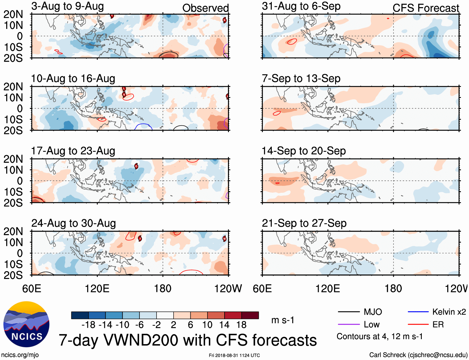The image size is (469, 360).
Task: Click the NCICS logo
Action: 26,324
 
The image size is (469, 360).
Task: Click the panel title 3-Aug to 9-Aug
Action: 67,6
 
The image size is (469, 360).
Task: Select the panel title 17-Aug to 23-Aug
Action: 73,151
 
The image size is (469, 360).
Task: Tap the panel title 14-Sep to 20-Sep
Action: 303,151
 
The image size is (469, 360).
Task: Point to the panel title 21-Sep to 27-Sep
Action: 304,224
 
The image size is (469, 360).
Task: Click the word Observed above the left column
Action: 205,8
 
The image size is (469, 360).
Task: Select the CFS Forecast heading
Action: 426,8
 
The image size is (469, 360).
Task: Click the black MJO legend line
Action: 349,312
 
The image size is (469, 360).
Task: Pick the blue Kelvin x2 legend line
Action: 418,312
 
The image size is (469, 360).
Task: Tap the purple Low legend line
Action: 349,325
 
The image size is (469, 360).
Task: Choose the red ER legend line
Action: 418,325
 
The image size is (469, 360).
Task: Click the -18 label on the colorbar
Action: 89,325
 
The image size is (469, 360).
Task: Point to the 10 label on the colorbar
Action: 207,325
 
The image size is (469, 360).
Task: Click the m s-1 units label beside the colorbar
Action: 283,320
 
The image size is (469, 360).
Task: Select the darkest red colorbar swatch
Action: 250,315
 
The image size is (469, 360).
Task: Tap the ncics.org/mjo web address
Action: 20,355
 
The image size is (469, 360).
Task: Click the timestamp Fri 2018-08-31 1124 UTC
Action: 234,355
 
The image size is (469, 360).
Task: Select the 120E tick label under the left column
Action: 97,288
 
